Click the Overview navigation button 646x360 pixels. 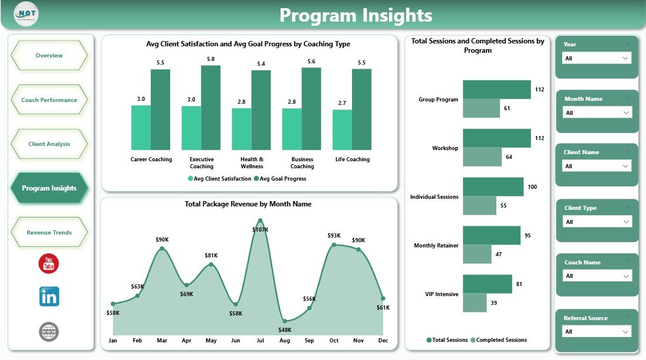(x=49, y=56)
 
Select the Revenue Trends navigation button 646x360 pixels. (x=49, y=233)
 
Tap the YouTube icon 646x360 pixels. (x=49, y=264)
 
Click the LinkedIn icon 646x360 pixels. (x=49, y=297)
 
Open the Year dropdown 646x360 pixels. (x=596, y=58)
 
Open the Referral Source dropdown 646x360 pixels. (x=596, y=332)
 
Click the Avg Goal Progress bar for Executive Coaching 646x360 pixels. (x=211, y=108)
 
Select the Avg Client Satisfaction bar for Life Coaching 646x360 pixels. (x=342, y=130)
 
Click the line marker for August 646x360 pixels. (x=285, y=321)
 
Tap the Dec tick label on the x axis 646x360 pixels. (x=383, y=340)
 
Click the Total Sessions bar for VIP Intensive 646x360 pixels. (x=487, y=284)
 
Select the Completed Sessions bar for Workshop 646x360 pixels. (x=482, y=157)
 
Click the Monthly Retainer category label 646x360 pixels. (x=436, y=246)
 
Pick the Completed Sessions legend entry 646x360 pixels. (x=501, y=340)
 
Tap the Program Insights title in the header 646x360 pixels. (x=356, y=15)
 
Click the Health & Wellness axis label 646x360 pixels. (x=252, y=162)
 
